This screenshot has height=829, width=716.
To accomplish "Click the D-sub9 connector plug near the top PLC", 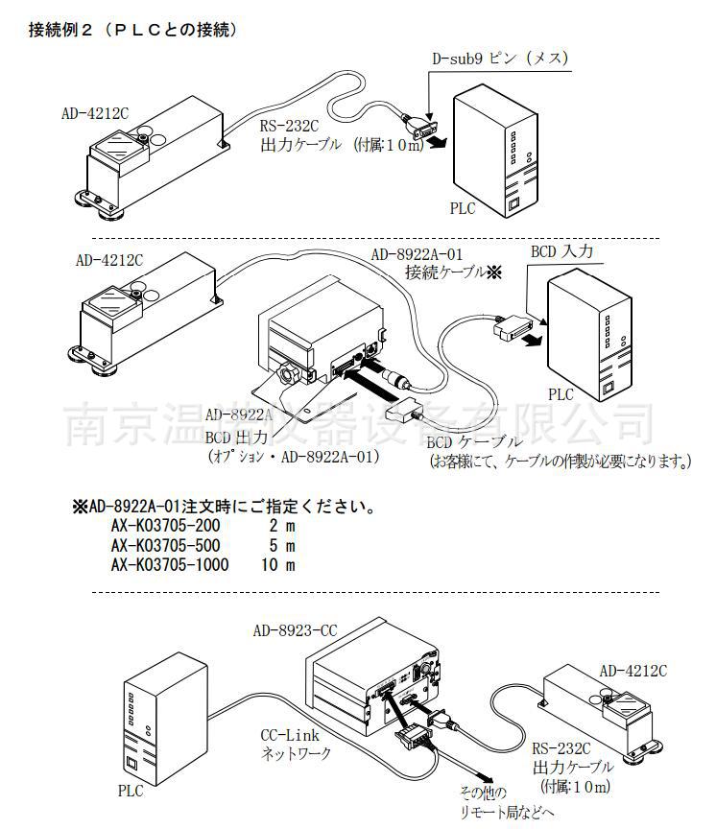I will click(423, 131).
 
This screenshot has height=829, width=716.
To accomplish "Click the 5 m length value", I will click(281, 546).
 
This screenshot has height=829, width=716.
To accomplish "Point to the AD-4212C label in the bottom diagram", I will click(632, 671).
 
